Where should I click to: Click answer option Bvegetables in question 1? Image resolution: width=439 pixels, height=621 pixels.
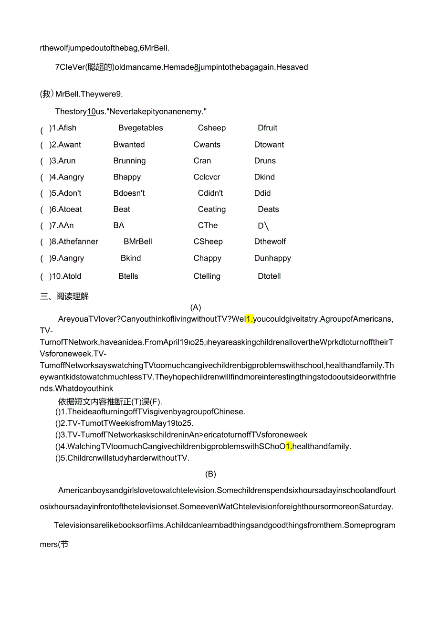[141, 128]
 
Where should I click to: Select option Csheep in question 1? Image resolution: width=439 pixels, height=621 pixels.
[212, 128]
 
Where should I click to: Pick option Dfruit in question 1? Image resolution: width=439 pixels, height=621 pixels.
[268, 128]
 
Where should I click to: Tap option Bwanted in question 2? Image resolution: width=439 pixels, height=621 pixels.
[129, 145]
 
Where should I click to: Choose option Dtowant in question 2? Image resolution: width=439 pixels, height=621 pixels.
[269, 145]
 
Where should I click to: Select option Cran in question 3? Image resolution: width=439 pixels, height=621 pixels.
[202, 161]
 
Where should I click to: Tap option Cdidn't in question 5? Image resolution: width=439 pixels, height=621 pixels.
[210, 193]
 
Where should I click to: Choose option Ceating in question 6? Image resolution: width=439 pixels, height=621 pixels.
[212, 210]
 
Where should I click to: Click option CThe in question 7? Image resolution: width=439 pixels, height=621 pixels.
[208, 225]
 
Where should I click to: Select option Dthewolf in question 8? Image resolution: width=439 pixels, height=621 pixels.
[270, 242]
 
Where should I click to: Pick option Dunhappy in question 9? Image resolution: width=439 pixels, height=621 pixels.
[272, 258]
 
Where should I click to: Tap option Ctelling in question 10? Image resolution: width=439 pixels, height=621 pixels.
[207, 276]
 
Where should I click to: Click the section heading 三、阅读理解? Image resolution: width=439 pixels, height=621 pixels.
[64, 296]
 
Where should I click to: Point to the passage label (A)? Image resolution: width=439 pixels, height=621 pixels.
[196, 308]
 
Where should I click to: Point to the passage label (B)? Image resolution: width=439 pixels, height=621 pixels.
[210, 474]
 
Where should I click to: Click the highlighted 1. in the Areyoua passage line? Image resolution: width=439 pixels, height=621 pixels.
[249, 319]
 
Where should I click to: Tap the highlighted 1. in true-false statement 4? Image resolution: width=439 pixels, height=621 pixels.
[289, 446]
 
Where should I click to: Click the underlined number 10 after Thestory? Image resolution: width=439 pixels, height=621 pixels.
[91, 112]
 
